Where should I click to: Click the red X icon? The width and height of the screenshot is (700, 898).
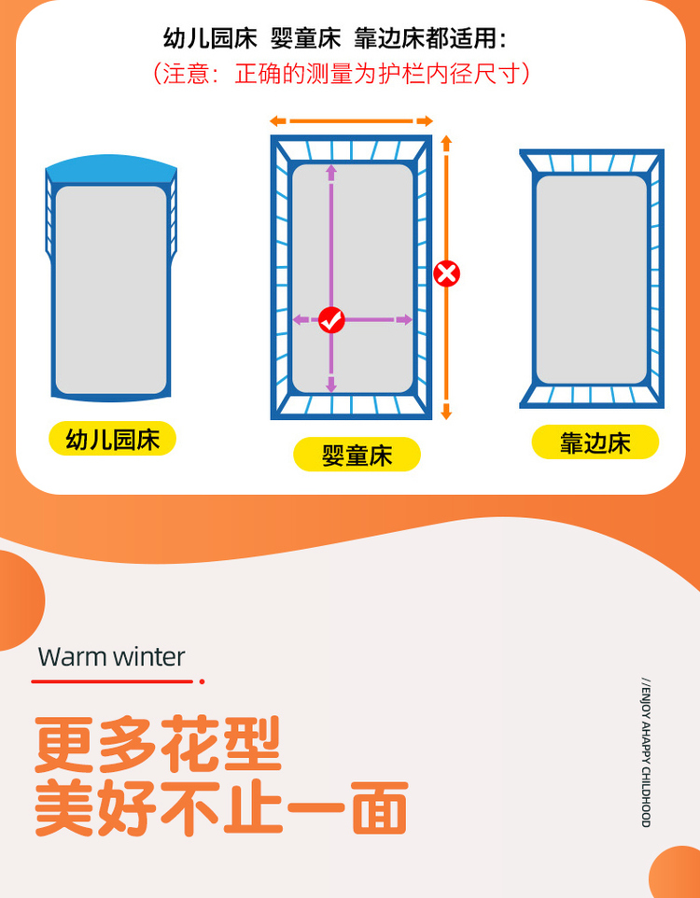pyautogui.click(x=447, y=274)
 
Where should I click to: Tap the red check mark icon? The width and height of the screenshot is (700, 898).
pyautogui.click(x=331, y=320)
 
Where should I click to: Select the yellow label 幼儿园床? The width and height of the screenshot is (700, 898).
pyautogui.click(x=112, y=440)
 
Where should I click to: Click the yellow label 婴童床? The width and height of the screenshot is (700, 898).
pyautogui.click(x=357, y=455)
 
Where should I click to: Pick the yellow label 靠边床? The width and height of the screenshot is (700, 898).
pyautogui.click(x=595, y=442)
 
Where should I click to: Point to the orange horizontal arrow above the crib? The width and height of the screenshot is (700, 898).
pyautogui.click(x=351, y=120)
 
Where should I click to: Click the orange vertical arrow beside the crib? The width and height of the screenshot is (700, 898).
pyautogui.click(x=447, y=277)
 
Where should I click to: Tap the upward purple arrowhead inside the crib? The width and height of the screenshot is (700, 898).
pyautogui.click(x=331, y=170)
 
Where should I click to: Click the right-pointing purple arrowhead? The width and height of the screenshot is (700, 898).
pyautogui.click(x=406, y=320)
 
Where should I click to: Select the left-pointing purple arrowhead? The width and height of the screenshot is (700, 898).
pyautogui.click(x=300, y=320)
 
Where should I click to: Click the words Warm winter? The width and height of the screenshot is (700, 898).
pyautogui.click(x=112, y=657)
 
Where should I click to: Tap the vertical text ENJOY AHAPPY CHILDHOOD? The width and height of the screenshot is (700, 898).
pyautogui.click(x=646, y=752)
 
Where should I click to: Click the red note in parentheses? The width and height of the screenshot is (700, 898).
pyautogui.click(x=342, y=74)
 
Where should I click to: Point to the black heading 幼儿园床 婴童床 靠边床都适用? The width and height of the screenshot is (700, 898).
pyautogui.click(x=335, y=39)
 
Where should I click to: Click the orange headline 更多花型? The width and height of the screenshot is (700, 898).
pyautogui.click(x=158, y=744)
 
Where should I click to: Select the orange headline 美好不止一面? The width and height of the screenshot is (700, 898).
pyautogui.click(x=221, y=808)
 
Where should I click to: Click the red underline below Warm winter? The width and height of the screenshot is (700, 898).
pyautogui.click(x=118, y=681)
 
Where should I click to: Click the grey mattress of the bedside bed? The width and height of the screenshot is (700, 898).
pyautogui.click(x=592, y=279)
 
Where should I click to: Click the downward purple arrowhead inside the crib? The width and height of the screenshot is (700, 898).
pyautogui.click(x=331, y=386)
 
